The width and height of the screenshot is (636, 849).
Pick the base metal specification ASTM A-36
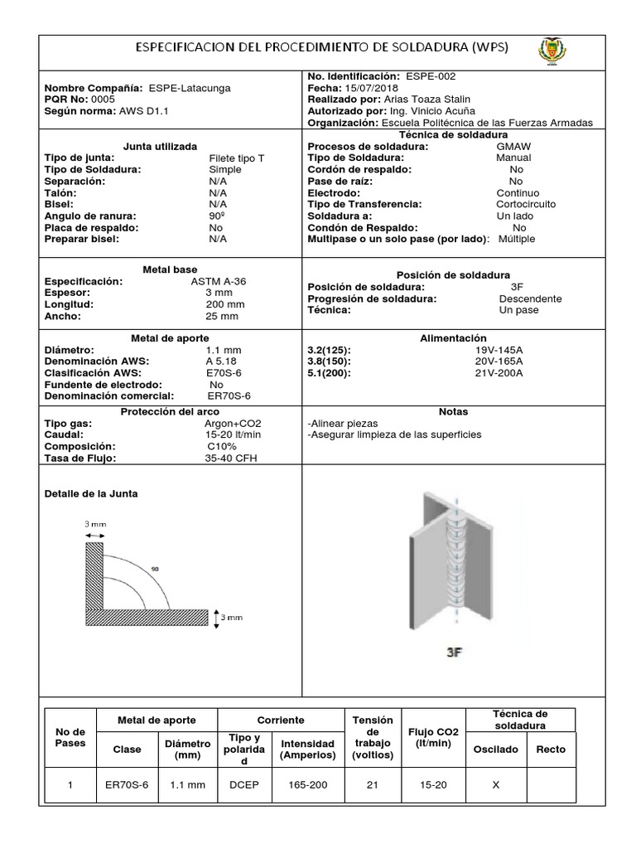click(218, 281)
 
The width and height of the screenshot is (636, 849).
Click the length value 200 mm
click(224, 304)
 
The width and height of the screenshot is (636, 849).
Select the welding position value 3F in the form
click(518, 287)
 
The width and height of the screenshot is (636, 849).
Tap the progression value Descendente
click(530, 298)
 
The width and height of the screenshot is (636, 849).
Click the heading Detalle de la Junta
click(90, 493)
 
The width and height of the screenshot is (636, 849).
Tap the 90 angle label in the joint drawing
click(154, 570)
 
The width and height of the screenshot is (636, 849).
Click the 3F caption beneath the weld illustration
click(454, 652)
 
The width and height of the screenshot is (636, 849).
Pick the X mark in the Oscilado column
click(495, 785)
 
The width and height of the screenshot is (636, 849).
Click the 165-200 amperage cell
click(307, 785)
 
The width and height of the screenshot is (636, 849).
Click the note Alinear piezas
click(340, 423)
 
